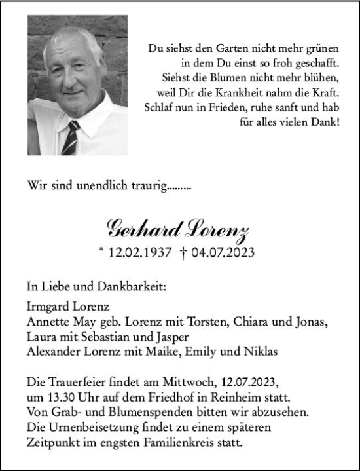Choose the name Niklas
pos(260,352)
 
